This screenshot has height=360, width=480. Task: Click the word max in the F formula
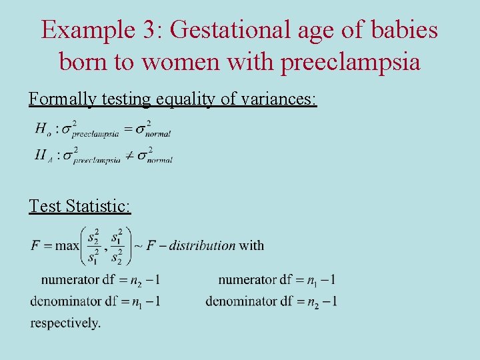[x=67, y=245]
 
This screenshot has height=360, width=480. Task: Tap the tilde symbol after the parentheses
[x=138, y=245]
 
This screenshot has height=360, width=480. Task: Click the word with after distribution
[x=251, y=245]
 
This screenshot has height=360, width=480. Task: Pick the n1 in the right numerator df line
[x=314, y=280]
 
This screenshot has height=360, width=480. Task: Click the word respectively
[x=65, y=323]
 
